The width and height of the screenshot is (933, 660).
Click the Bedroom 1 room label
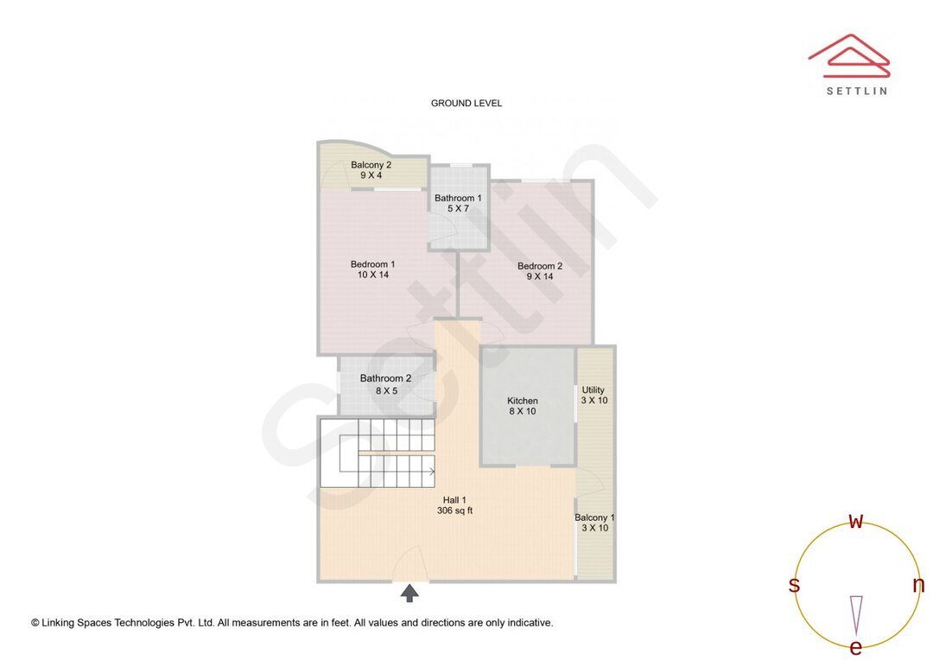pos(372,264)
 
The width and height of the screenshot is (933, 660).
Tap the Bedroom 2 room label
pos(540,266)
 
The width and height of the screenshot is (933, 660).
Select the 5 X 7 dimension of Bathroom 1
pos(458,209)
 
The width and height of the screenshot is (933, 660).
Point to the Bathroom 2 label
pos(385,378)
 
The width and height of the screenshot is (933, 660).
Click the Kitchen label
pos(523,401)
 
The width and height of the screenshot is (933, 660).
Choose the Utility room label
pos(593,390)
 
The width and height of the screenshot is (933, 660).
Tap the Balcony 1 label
pos(594,518)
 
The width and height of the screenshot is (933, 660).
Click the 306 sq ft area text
pos(454,511)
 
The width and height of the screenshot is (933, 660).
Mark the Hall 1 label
pos(454,499)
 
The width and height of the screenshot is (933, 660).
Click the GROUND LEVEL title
pos(466,104)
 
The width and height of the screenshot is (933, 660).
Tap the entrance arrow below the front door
pos(410,593)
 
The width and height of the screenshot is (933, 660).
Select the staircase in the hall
pos(378,454)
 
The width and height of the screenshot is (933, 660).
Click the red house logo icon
pos(848,56)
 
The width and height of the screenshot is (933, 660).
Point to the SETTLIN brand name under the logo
pos(856,91)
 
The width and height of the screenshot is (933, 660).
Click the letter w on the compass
pos(856,521)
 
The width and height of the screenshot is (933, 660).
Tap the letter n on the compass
pos(918,585)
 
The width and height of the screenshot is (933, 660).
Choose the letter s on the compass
pos(794,585)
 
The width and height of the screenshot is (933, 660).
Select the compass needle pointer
pos(856,613)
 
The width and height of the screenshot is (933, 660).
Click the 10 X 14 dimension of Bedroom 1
pos(372,276)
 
